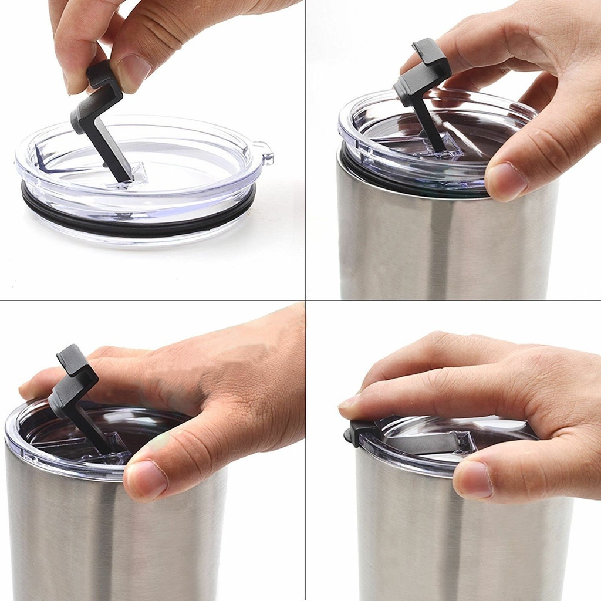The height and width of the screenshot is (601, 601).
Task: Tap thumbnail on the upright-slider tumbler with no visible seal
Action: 146,478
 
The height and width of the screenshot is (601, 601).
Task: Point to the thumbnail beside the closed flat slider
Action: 472,478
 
